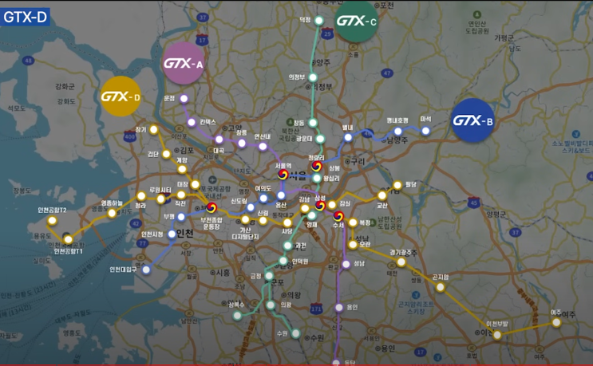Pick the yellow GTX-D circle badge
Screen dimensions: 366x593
coord(121,96)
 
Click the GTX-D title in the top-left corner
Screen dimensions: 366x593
coord(26,17)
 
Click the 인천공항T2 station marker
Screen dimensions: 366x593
coord(53,220)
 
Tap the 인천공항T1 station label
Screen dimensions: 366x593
coord(69,251)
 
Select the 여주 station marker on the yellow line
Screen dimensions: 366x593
coord(556,323)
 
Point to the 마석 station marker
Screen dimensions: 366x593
coord(425,130)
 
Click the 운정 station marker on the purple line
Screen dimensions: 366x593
coord(184,99)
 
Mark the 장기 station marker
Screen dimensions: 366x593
coord(154,128)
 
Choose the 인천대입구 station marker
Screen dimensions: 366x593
coord(146,270)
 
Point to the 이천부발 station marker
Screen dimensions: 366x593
coord(496,334)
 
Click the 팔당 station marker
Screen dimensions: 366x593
coord(397,185)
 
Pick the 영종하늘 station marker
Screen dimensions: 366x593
coord(112,213)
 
